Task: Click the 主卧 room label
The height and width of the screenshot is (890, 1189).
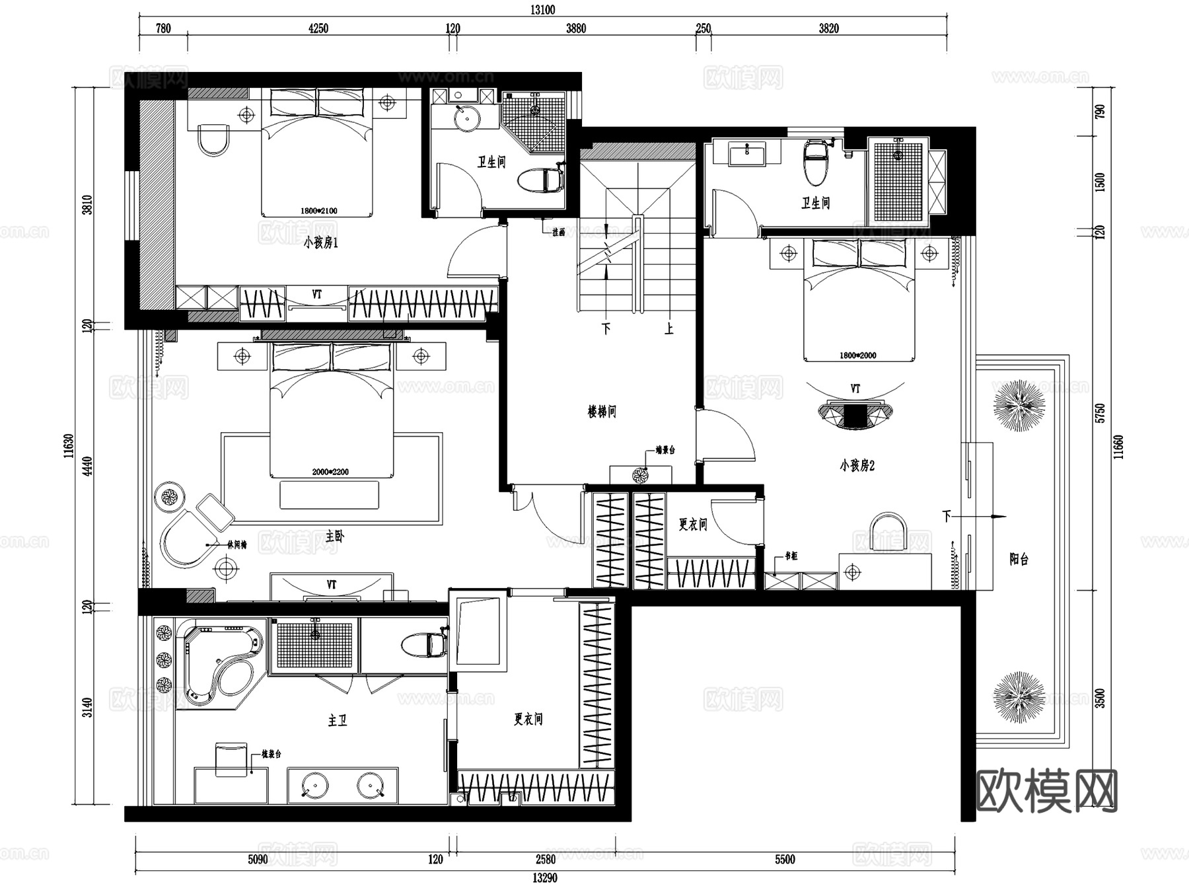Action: pyautogui.click(x=335, y=537)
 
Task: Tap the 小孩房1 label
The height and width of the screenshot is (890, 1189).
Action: pyautogui.click(x=320, y=243)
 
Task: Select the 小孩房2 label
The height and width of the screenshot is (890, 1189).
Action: pyautogui.click(x=857, y=466)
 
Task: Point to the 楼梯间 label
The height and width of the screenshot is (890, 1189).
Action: pyautogui.click(x=602, y=412)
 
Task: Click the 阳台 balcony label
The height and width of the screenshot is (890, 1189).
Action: pyautogui.click(x=1019, y=559)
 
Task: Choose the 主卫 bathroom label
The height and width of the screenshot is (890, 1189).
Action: pyautogui.click(x=337, y=720)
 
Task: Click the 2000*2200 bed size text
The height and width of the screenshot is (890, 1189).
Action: pyautogui.click(x=330, y=472)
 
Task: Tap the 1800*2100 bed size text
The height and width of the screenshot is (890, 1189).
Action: pyautogui.click(x=318, y=211)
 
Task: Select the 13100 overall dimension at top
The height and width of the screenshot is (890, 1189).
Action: pyautogui.click(x=542, y=10)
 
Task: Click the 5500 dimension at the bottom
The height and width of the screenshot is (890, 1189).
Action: pyautogui.click(x=785, y=859)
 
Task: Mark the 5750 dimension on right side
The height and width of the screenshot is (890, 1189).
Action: pyautogui.click(x=1099, y=413)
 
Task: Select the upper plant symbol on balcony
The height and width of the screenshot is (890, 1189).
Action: pyautogui.click(x=1020, y=406)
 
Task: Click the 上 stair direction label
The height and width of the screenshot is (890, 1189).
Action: pyautogui.click(x=669, y=328)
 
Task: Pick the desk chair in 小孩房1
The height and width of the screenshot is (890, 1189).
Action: pyautogui.click(x=213, y=139)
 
